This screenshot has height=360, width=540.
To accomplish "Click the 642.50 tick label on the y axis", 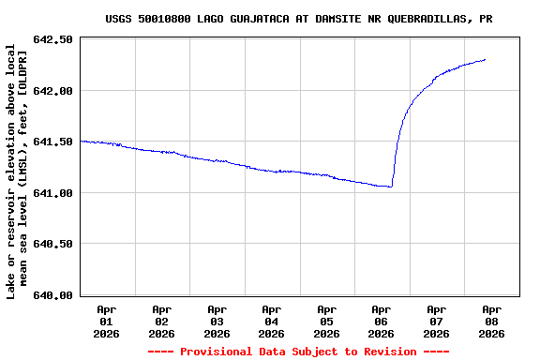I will [x=53, y=39].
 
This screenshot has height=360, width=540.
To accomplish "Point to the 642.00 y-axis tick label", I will [x=53, y=91].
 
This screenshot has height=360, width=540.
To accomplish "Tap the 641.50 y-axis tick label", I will [x=53, y=142].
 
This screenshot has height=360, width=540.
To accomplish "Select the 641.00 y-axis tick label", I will [x=53, y=193].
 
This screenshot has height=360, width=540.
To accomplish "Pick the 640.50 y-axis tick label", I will [x=53, y=244].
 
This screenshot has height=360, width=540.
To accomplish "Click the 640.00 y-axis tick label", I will [x=53, y=295].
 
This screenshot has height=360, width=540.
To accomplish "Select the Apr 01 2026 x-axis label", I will [x=107, y=321].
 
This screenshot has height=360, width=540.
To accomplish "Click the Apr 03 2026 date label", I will [x=217, y=321].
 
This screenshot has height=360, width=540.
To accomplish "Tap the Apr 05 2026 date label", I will [x=326, y=321].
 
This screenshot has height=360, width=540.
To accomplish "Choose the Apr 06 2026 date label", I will [x=382, y=321].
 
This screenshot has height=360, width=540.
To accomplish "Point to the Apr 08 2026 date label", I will [x=491, y=321].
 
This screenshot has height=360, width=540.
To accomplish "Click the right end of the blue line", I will [x=486, y=59].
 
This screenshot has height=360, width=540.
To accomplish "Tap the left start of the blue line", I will [x=82, y=141].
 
